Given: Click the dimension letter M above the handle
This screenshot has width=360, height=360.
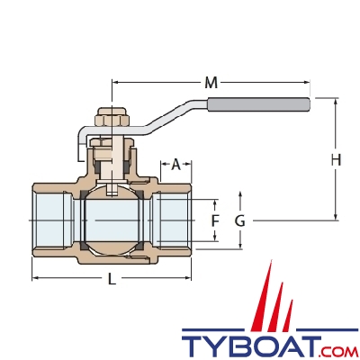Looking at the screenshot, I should [x=210, y=83].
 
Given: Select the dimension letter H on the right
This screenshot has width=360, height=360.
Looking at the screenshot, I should [x=336, y=160].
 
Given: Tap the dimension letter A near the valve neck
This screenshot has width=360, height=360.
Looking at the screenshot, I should [x=176, y=164].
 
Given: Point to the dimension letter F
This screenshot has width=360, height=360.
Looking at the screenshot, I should [x=214, y=220].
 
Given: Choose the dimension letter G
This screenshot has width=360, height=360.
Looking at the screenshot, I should [x=239, y=220].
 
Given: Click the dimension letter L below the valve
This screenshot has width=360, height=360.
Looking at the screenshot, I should [x=112, y=279].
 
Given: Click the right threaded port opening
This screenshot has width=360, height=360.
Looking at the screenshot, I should [x=174, y=220].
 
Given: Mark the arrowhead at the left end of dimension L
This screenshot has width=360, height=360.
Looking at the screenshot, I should [x=35, y=279].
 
